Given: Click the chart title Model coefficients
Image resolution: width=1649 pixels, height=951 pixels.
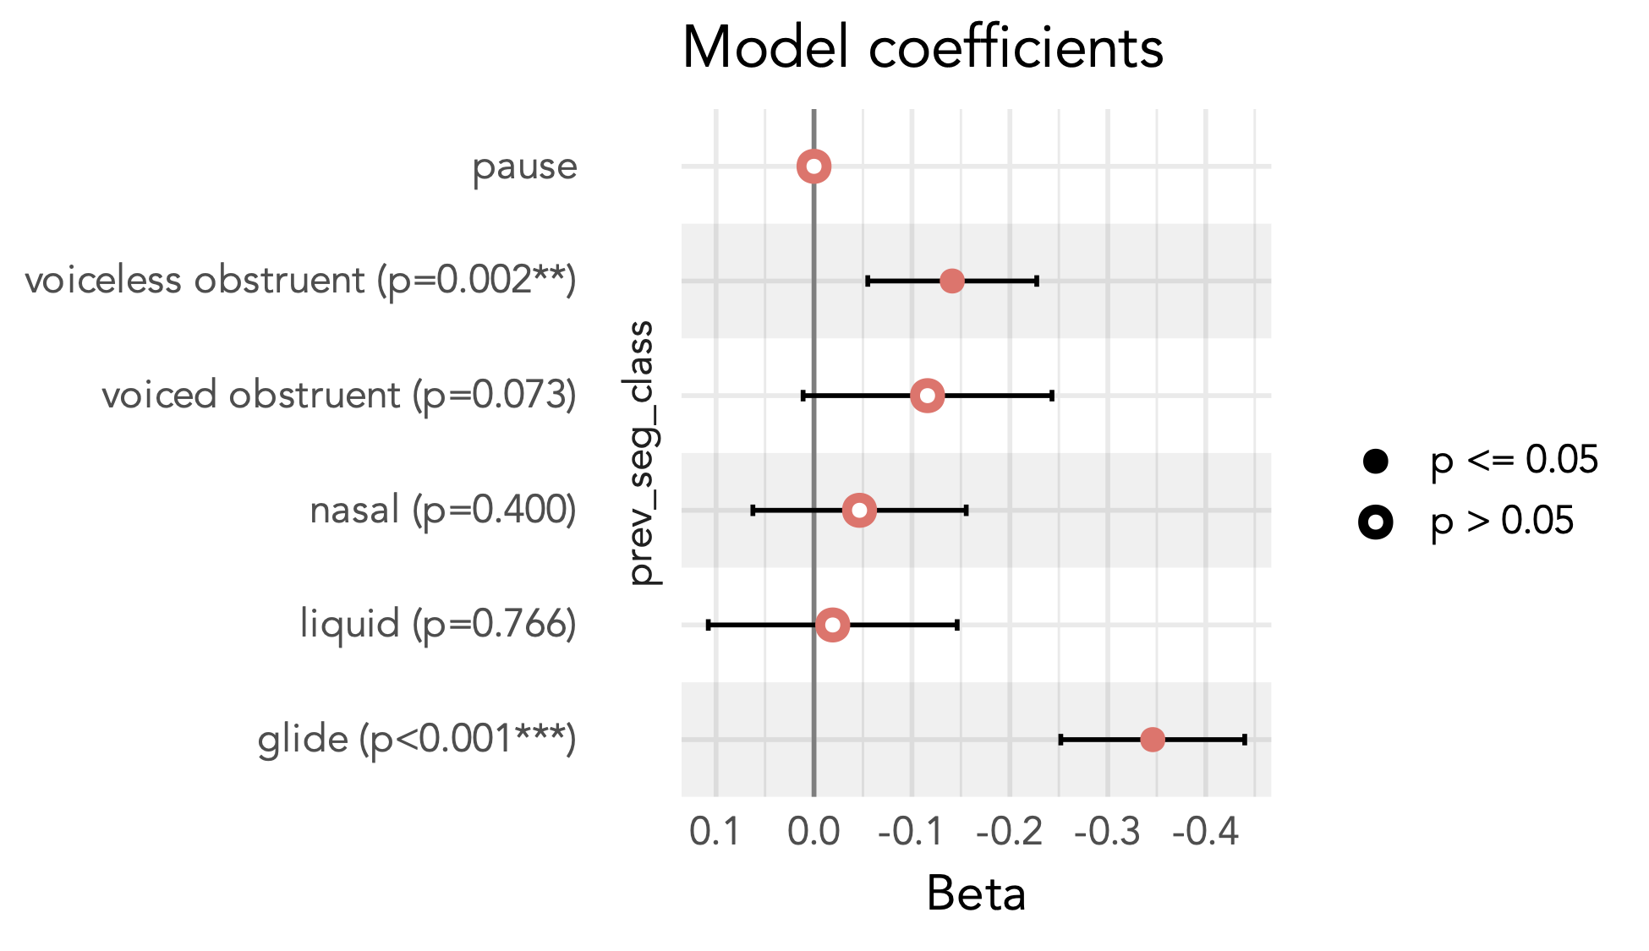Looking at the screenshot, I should pyautogui.click(x=923, y=47).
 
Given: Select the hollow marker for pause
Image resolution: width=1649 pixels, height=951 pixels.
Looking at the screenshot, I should pyautogui.click(x=814, y=167).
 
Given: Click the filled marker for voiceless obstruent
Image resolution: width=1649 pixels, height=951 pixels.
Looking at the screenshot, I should pyautogui.click(x=952, y=281).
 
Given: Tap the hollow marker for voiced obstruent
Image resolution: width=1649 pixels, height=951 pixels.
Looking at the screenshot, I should pyautogui.click(x=928, y=396).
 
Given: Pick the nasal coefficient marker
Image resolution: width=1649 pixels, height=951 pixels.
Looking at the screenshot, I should pyautogui.click(x=859, y=511).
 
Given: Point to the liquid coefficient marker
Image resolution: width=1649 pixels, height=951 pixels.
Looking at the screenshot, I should pyautogui.click(x=833, y=626).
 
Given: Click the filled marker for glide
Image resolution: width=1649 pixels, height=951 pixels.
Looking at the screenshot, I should pyautogui.click(x=1152, y=740).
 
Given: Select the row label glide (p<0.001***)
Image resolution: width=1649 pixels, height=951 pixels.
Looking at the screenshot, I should pyautogui.click(x=417, y=740).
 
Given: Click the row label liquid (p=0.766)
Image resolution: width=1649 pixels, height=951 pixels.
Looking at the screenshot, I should pyautogui.click(x=438, y=625).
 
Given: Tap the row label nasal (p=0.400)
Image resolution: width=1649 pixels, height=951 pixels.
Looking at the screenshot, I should pyautogui.click(x=443, y=511).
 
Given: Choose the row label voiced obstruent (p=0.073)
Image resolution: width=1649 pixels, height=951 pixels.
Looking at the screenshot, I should pyautogui.click(x=339, y=396).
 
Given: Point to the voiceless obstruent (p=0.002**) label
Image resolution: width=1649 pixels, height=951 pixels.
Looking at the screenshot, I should pyautogui.click(x=300, y=281).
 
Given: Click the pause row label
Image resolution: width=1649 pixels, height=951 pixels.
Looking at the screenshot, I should pyautogui.click(x=524, y=167).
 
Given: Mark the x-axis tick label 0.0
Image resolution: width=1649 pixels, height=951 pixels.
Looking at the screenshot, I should pyautogui.click(x=814, y=833).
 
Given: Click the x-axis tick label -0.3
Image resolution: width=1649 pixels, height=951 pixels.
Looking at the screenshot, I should pyautogui.click(x=1107, y=833).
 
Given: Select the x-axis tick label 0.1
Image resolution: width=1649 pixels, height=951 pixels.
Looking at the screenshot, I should pyautogui.click(x=715, y=833).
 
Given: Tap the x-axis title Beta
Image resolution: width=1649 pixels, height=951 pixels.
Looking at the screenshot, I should pyautogui.click(x=976, y=894).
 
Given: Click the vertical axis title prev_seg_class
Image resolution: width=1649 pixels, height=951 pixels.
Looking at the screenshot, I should pyautogui.click(x=642, y=453).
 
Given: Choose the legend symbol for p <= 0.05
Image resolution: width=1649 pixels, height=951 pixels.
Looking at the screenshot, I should pyautogui.click(x=1376, y=461).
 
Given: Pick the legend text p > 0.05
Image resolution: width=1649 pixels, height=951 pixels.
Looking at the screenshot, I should pyautogui.click(x=1502, y=522).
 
